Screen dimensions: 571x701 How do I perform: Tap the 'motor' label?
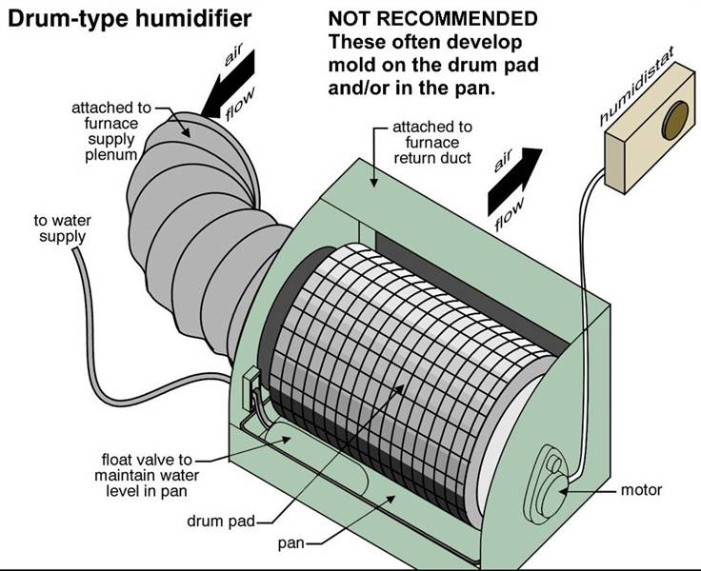[640, 491]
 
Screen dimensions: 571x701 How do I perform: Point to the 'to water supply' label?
[63, 228]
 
